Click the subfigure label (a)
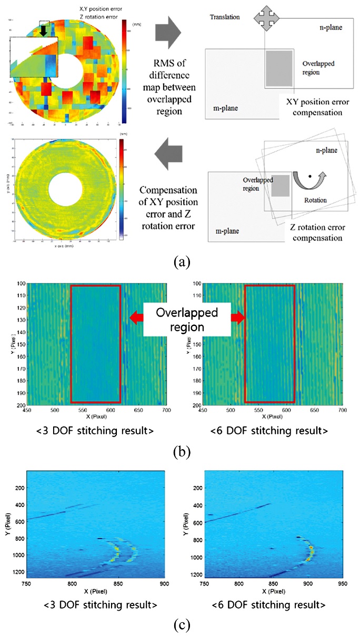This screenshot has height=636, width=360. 181,259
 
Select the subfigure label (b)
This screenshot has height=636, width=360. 181,451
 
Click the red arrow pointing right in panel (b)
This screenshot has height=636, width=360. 234,317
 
